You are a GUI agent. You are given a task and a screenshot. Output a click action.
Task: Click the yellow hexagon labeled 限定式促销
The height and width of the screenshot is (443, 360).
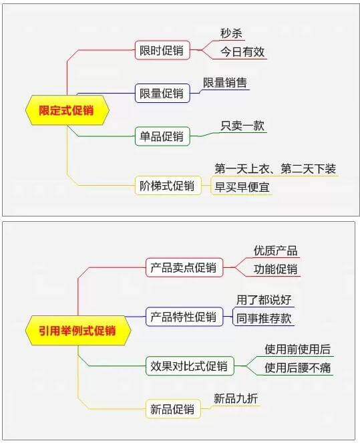pyautogui.click(x=67, y=110)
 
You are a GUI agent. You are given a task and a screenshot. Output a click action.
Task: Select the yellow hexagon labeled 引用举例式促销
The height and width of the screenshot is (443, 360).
pyautogui.click(x=78, y=331)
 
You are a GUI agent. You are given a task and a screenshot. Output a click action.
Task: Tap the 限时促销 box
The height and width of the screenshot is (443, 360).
pyautogui.click(x=162, y=50)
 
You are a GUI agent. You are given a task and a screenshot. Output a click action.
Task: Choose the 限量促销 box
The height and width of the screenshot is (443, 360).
pyautogui.click(x=162, y=94)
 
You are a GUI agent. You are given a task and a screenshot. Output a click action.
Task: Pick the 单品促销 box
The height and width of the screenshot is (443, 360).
pyautogui.click(x=162, y=136)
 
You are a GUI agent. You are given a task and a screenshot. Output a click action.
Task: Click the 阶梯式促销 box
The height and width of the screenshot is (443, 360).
pyautogui.click(x=168, y=186)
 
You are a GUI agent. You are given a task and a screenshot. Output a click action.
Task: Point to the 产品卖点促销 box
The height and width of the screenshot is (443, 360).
pyautogui.click(x=184, y=267)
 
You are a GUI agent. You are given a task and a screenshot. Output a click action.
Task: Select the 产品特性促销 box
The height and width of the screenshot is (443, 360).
pyautogui.click(x=184, y=317)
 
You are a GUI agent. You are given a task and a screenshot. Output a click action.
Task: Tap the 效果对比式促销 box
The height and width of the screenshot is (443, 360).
pyautogui.click(x=190, y=366)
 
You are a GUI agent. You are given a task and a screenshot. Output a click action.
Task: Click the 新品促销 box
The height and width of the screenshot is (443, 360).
pyautogui.click(x=173, y=409)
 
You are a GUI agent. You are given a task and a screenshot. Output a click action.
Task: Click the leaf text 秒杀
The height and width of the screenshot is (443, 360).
pyautogui.click(x=231, y=33)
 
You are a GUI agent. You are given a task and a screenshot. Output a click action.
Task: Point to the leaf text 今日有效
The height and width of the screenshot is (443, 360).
pyautogui.click(x=242, y=51)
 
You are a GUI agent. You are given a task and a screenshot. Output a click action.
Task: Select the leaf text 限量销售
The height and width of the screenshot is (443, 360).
pyautogui.click(x=225, y=83)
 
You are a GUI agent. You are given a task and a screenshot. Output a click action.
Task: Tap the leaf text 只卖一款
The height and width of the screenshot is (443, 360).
pyautogui.click(x=242, y=126)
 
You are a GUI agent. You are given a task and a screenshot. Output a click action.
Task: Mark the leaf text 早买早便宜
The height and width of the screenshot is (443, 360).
pyautogui.click(x=242, y=187)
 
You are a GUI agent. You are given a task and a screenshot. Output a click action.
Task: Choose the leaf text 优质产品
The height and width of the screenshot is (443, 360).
pyautogui.click(x=275, y=251)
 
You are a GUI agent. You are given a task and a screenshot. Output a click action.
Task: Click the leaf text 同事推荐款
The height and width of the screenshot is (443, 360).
pyautogui.click(x=264, y=318)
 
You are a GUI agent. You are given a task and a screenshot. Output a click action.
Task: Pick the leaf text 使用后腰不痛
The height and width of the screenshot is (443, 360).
pyautogui.click(x=298, y=367)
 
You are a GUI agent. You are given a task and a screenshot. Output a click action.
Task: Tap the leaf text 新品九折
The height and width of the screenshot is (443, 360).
pyautogui.click(x=236, y=399)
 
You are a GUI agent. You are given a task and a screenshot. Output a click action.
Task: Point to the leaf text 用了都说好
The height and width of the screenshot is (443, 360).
pyautogui.click(x=264, y=300)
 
